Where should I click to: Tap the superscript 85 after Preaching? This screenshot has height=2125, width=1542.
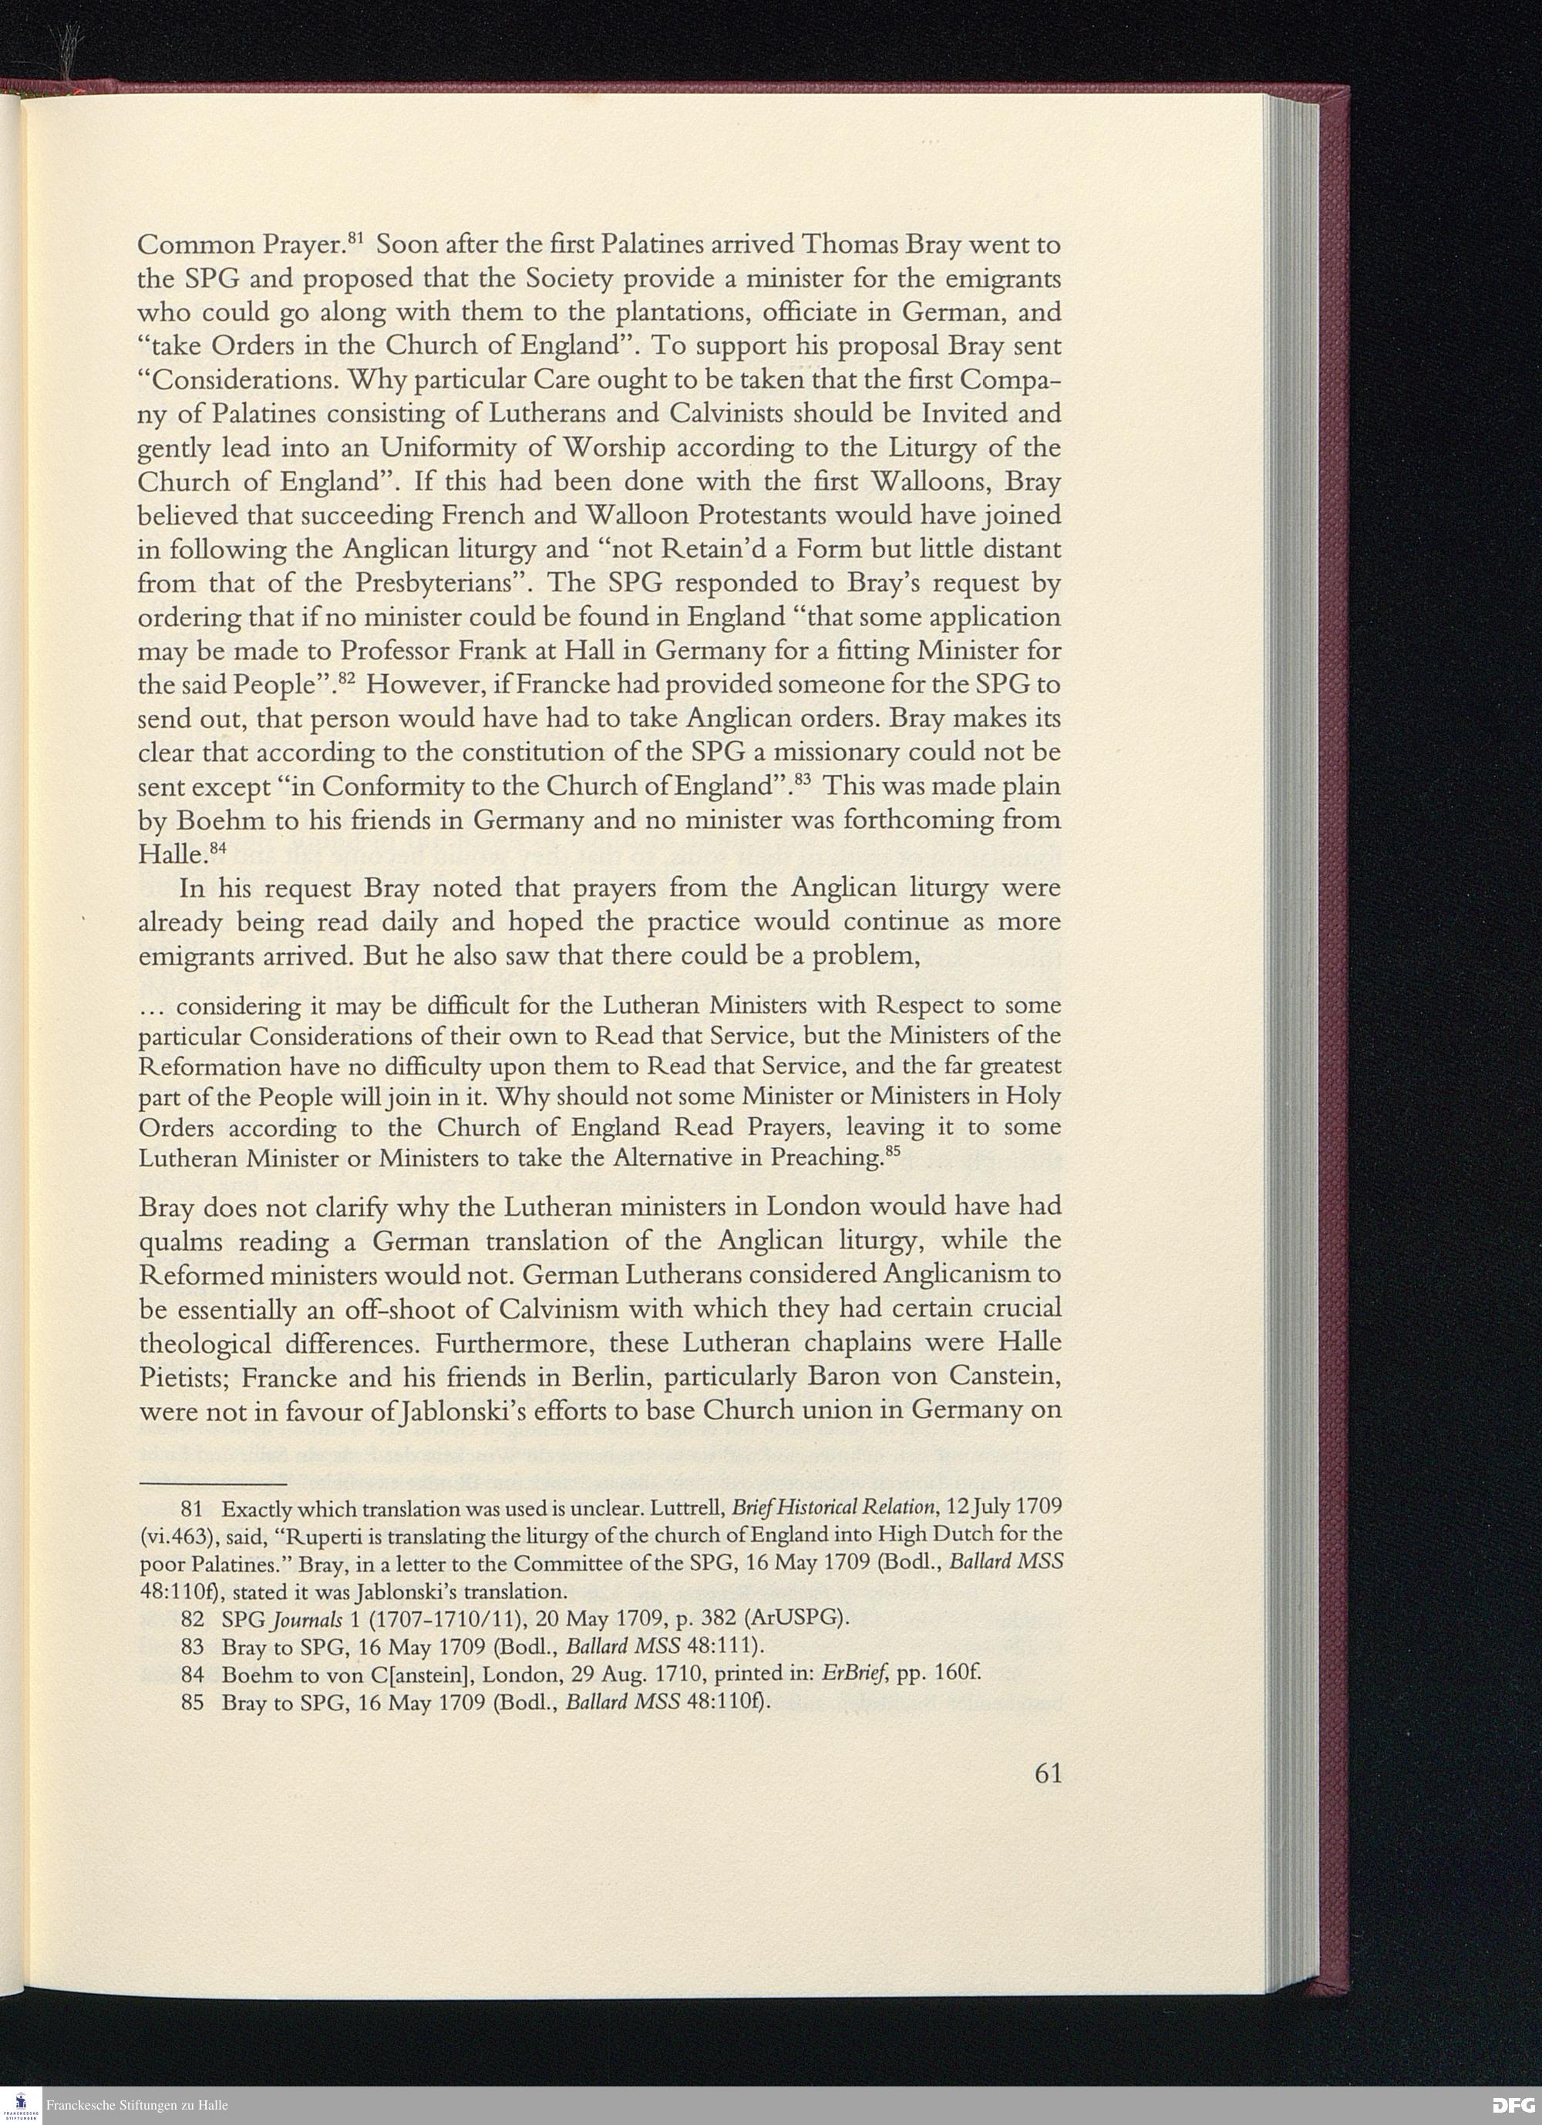coord(894,1151)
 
